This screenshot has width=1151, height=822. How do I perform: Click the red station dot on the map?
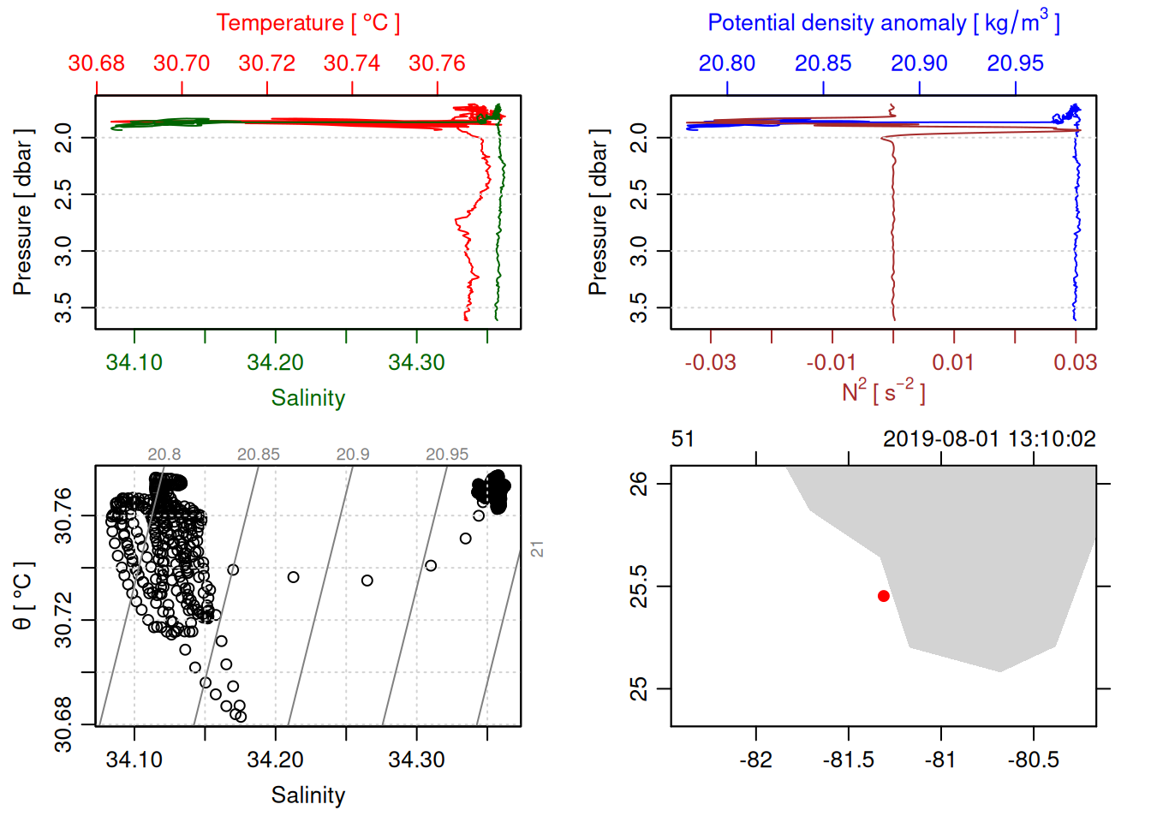click(x=883, y=596)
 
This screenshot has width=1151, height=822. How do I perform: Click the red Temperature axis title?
click(x=307, y=23)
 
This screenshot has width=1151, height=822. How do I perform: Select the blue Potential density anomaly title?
click(x=883, y=23)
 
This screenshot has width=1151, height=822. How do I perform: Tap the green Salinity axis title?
click(x=307, y=398)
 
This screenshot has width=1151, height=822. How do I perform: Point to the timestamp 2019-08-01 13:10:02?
click(x=989, y=439)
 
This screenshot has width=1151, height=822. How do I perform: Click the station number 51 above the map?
click(x=683, y=439)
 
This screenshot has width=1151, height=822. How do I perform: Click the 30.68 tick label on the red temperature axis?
click(x=96, y=63)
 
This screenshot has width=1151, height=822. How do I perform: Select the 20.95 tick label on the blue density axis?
click(x=1015, y=63)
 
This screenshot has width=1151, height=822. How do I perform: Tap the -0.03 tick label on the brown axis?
click(x=710, y=362)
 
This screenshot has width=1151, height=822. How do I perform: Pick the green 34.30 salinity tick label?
click(x=416, y=362)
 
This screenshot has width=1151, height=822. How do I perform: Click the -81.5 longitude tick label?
click(x=848, y=759)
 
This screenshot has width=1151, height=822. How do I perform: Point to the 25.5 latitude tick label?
click(x=639, y=587)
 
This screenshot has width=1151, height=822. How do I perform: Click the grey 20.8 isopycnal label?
click(x=164, y=454)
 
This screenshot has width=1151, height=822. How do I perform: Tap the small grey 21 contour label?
click(x=537, y=549)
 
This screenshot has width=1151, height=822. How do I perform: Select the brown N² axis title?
click(x=883, y=391)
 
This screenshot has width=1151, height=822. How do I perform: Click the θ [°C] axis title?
click(x=22, y=596)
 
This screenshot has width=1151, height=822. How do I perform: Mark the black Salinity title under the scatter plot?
click(x=307, y=795)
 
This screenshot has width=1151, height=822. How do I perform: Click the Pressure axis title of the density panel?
click(x=598, y=212)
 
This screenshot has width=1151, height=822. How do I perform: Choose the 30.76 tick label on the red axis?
click(x=437, y=63)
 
